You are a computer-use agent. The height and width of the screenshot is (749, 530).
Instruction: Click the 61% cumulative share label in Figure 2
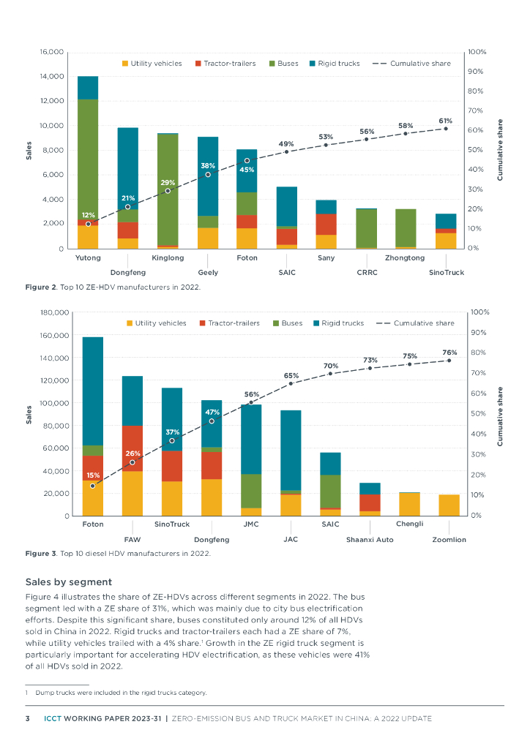(445, 120)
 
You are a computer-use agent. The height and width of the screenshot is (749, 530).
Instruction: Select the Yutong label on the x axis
(88, 258)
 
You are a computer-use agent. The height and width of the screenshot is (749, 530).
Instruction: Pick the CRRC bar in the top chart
(366, 228)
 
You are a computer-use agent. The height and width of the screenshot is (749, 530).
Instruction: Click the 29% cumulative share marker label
(168, 181)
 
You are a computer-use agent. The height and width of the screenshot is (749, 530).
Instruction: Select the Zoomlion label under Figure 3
(449, 540)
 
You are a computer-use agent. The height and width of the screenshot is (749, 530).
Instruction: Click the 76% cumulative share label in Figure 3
(449, 353)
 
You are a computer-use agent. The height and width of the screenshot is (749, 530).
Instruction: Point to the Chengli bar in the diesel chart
(409, 504)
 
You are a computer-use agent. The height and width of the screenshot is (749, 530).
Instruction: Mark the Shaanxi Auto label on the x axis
(370, 540)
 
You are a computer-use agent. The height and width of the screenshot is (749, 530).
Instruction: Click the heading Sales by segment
(69, 582)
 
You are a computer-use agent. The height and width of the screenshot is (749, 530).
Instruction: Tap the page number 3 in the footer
(28, 718)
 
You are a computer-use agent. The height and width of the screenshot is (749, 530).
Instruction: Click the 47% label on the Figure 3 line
(212, 413)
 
